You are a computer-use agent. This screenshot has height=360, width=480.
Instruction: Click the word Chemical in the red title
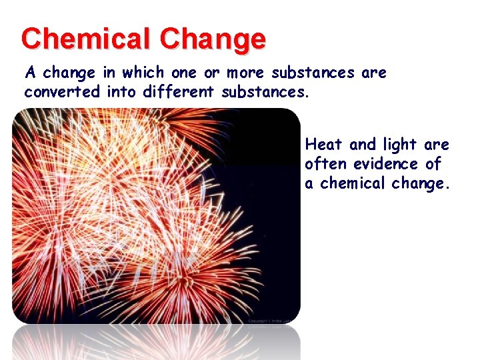coord(84,39)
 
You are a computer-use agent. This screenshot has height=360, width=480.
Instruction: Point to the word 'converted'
coord(62,91)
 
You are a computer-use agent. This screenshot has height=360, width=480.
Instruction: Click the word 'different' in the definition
coord(179,91)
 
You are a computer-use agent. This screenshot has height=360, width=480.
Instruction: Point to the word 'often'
coord(327,164)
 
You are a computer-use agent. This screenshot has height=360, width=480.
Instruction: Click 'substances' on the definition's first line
coord(313,72)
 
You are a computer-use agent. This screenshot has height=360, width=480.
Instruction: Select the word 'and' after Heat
coord(363,145)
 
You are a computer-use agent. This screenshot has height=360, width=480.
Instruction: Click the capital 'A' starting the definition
coord(30,72)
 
